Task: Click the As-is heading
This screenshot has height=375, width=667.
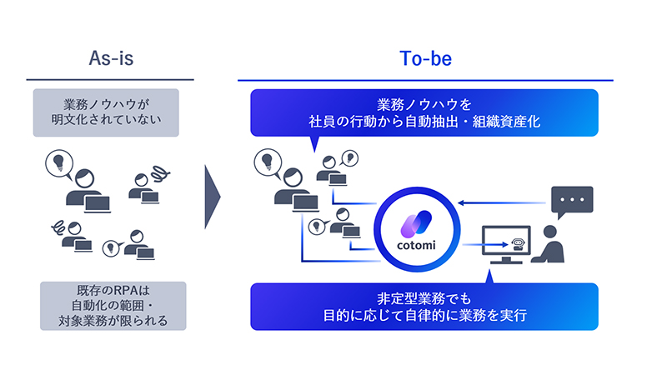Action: [x=112, y=59]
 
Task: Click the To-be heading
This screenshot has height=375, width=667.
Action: [x=425, y=59]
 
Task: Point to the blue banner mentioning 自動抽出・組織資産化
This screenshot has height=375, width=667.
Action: [x=424, y=112]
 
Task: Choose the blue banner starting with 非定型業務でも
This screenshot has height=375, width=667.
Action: [x=424, y=307]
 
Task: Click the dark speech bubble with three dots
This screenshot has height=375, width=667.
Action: [x=572, y=202]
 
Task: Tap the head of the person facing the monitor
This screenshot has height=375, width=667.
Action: [x=551, y=232]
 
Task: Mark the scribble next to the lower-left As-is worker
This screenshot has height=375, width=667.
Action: [x=60, y=224]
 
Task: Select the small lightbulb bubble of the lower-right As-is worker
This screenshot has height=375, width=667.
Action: [x=108, y=247]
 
